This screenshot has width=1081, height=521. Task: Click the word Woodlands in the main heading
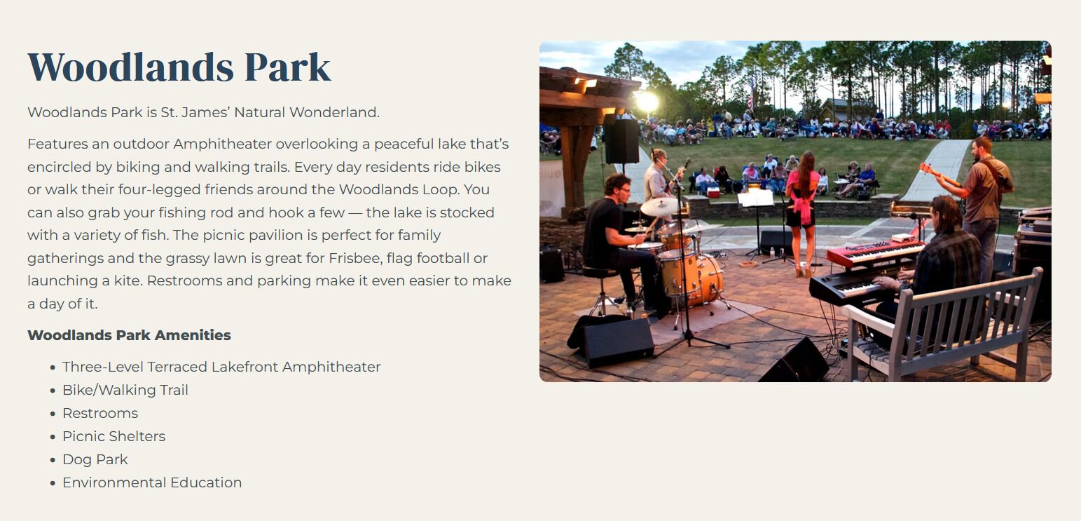[x=131, y=67]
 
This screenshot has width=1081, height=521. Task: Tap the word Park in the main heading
[x=288, y=67]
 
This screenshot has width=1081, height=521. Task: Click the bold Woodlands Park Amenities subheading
[x=129, y=335]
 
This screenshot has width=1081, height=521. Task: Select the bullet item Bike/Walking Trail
[x=125, y=390]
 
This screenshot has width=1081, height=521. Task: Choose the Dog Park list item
[x=95, y=459]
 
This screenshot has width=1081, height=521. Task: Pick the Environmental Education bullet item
[x=152, y=482]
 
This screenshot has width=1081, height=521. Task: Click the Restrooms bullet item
[x=100, y=413]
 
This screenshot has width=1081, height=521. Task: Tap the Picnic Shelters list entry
[x=114, y=436]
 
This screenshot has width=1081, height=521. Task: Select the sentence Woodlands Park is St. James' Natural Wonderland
[x=203, y=112]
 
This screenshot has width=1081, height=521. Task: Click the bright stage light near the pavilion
[x=647, y=102]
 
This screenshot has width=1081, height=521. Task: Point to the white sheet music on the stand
[x=756, y=198]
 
